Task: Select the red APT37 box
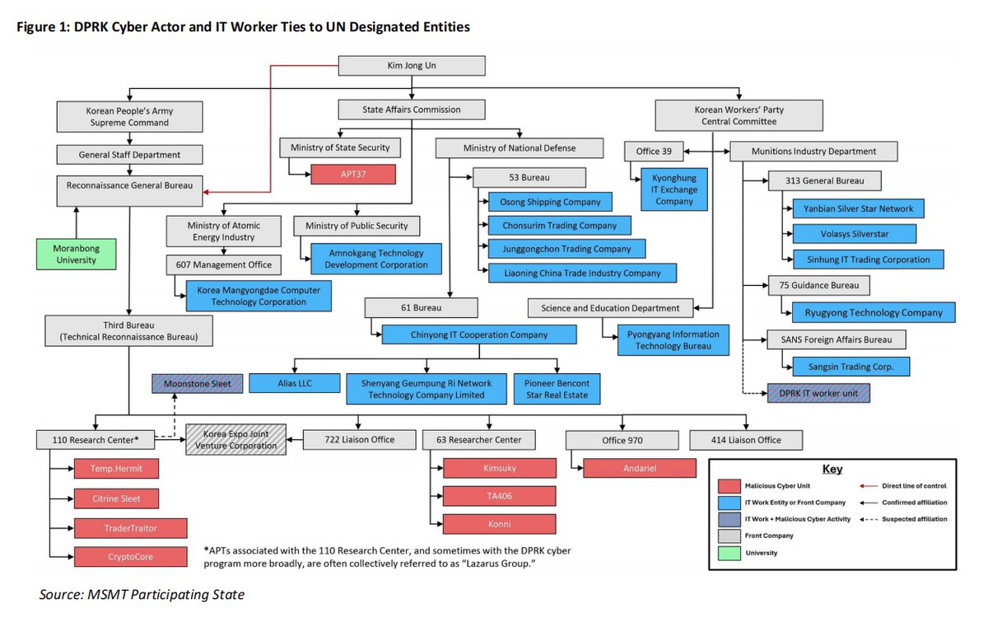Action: point(353,175)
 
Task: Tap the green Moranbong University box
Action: point(77,254)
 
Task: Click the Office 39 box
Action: point(655,152)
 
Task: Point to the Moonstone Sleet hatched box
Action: point(197,383)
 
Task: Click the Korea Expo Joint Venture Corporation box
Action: point(235,440)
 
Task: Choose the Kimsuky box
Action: point(500,468)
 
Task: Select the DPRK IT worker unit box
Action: point(818,393)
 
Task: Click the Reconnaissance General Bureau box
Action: point(129,185)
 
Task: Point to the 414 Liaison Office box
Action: point(746,440)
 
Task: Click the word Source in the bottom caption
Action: point(62,594)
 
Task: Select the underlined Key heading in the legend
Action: point(832,469)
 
